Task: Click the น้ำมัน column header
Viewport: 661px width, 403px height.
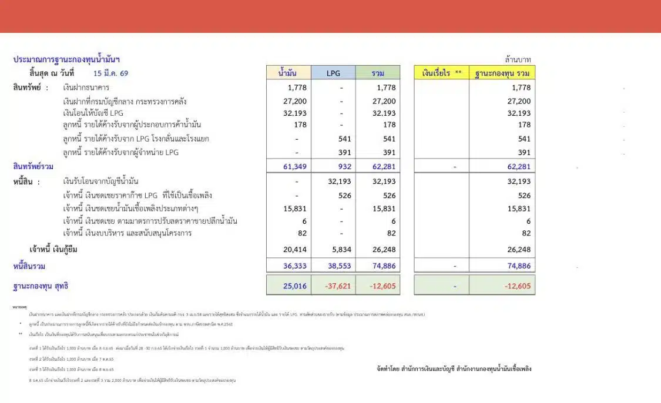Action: click(x=288, y=73)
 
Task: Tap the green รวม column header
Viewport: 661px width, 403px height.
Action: click(x=378, y=73)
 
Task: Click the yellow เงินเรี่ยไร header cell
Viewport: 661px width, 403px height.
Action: click(x=441, y=73)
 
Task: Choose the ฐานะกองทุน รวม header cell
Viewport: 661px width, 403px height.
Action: click(x=502, y=73)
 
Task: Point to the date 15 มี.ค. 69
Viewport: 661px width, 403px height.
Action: click(x=110, y=73)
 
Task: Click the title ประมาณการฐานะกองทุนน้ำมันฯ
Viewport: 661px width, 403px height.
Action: click(x=66, y=59)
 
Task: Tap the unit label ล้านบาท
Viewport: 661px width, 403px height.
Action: click(x=518, y=60)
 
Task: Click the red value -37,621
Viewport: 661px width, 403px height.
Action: click(x=338, y=286)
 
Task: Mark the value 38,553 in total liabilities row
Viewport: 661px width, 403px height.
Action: click(x=338, y=266)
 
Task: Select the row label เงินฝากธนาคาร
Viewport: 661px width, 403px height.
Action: click(x=86, y=88)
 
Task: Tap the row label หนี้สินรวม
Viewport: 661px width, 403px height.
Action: click(x=29, y=266)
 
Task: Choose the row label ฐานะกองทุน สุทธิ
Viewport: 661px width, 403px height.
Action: click(x=41, y=286)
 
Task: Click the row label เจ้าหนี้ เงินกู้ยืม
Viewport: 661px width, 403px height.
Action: click(x=53, y=250)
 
